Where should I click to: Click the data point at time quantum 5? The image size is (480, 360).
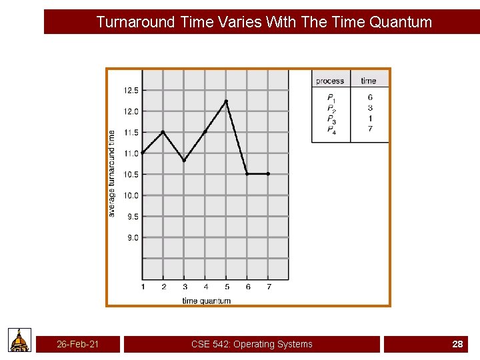(x=226, y=101)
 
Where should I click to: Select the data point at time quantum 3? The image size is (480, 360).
(x=184, y=160)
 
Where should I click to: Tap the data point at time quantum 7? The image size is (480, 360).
(x=268, y=173)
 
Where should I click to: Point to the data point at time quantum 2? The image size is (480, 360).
(x=163, y=132)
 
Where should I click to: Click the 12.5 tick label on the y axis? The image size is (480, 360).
(x=131, y=90)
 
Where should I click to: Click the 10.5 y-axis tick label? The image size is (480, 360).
(x=131, y=175)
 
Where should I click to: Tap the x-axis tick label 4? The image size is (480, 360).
(x=205, y=287)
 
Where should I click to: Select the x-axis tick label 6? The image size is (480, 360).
(x=247, y=287)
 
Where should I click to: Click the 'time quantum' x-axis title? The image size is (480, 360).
(x=206, y=301)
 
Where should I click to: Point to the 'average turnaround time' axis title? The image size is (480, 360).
(x=112, y=173)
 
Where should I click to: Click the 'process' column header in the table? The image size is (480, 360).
(x=330, y=81)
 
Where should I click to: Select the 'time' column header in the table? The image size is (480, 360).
(x=369, y=81)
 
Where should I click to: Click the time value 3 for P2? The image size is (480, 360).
(x=370, y=108)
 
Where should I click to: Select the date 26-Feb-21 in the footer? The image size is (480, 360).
(x=78, y=344)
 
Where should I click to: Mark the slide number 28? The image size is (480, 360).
(x=457, y=344)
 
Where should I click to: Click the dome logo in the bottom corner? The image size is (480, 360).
(x=20, y=340)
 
